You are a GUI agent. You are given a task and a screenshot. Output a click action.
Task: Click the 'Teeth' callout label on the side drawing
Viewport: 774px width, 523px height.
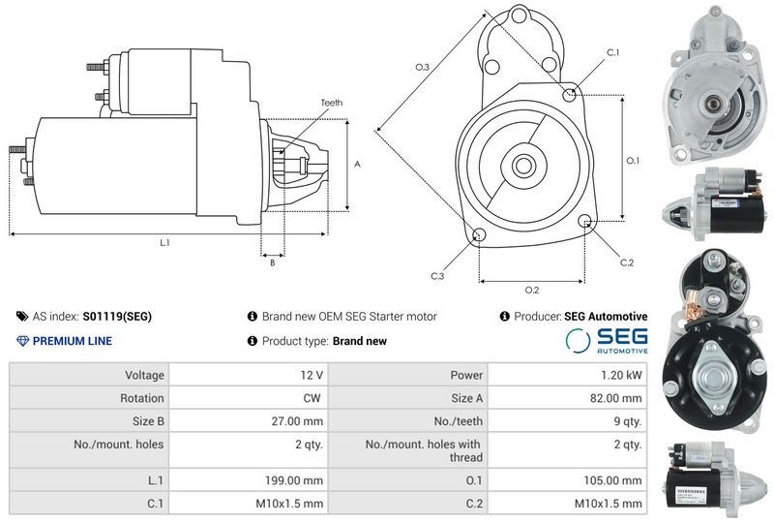click(331, 103)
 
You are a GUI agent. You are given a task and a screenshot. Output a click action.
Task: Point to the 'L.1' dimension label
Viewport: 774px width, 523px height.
click(164, 242)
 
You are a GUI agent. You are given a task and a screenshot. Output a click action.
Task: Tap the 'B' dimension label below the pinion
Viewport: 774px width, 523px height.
click(273, 263)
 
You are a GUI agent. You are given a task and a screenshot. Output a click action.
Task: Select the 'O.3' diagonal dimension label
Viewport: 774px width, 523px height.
click(422, 67)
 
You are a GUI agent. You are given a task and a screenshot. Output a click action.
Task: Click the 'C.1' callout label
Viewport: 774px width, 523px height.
click(612, 52)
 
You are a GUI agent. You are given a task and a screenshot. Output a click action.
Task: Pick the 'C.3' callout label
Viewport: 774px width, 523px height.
click(437, 276)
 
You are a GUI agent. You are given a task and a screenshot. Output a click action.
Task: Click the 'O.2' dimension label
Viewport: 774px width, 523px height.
click(531, 290)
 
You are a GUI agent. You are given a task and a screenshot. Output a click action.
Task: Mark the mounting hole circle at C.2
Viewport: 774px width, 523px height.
click(585, 221)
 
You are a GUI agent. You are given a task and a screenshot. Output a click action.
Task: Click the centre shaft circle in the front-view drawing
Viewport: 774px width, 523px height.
click(523, 165)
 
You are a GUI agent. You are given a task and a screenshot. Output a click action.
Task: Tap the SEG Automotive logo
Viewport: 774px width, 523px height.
click(607, 341)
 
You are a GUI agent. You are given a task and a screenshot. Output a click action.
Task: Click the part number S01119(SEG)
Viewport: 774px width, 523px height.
click(117, 317)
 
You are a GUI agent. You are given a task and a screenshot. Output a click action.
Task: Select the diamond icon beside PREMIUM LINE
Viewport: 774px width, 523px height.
click(22, 341)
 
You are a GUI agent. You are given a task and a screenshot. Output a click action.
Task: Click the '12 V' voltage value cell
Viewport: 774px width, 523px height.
click(249, 375)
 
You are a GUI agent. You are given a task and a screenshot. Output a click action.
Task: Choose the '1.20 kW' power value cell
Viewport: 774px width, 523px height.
click(567, 375)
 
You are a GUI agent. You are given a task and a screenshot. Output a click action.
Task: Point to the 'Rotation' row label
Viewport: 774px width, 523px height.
click(141, 398)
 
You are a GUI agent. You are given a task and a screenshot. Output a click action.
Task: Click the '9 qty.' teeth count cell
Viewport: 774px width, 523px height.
click(567, 421)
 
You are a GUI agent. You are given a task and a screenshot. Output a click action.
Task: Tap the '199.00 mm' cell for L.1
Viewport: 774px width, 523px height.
click(249, 480)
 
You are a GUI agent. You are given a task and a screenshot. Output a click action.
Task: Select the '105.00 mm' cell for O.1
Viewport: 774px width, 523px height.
click(567, 480)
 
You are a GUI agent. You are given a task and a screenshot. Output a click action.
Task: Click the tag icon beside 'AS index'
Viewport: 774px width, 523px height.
click(22, 317)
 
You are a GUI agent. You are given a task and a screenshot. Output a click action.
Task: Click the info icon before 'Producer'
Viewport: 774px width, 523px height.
click(504, 317)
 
